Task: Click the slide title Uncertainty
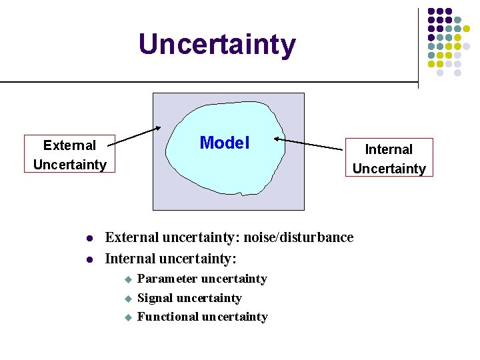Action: [x=217, y=45]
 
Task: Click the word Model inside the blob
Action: [x=225, y=143]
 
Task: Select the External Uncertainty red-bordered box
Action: [x=69, y=154]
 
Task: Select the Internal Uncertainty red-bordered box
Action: [x=389, y=158]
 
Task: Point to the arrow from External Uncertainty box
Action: [x=137, y=135]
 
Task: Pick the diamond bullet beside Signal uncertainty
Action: [x=129, y=299]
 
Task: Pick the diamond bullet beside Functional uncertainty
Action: [x=129, y=318]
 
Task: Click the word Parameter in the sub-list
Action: [x=167, y=279]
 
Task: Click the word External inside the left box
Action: [x=69, y=145]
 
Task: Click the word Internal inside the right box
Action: [x=389, y=149]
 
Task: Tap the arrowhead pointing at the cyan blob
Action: [x=278, y=141]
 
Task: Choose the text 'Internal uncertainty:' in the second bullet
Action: [x=171, y=257]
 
